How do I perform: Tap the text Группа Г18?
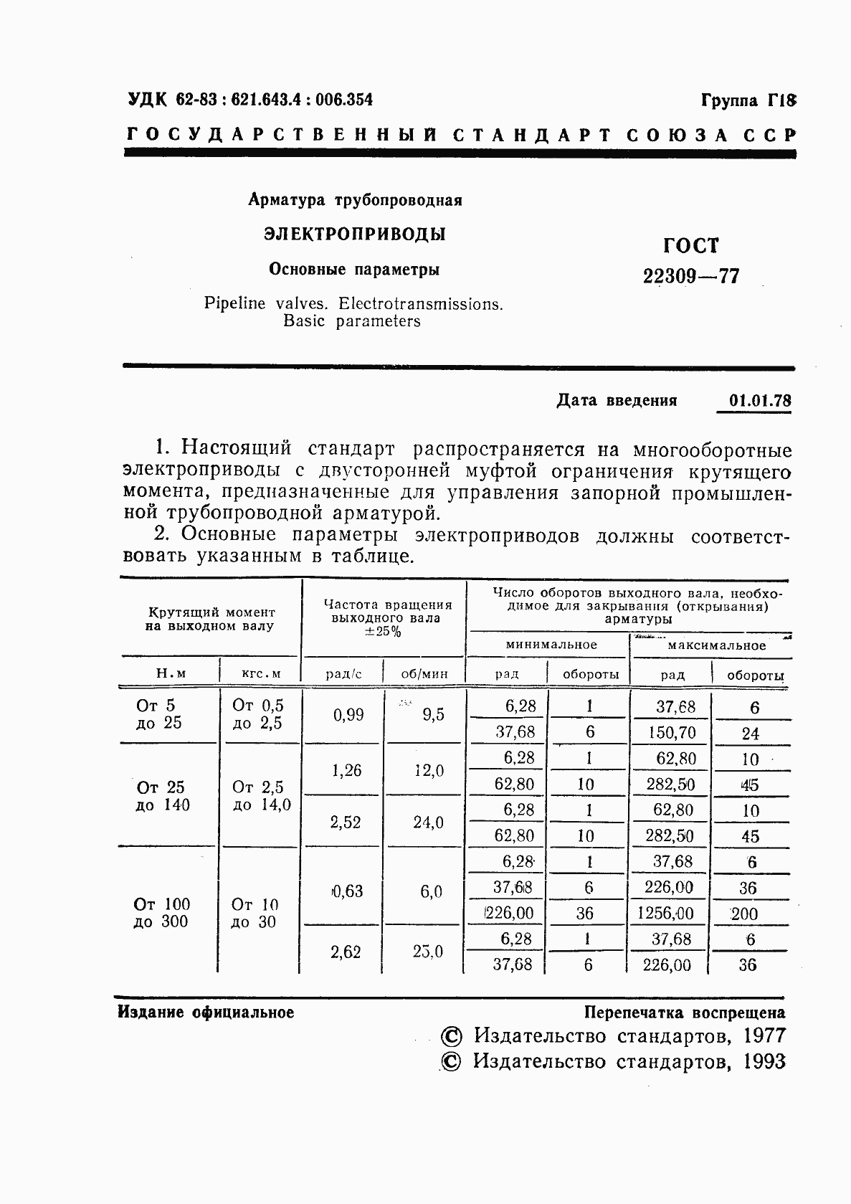pos(748,100)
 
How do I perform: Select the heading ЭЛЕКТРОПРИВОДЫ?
pos(354,234)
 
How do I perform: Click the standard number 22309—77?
pos(691,276)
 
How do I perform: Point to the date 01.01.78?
pos(760,400)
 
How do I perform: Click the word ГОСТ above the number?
pos(690,246)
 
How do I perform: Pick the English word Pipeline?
pos(234,303)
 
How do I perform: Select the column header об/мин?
pos(424,674)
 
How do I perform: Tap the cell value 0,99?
pos(348,715)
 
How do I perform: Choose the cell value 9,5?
pos(433,715)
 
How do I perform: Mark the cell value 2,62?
pos(346,952)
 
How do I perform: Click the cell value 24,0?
pos(428,823)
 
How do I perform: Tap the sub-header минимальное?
pos(551,645)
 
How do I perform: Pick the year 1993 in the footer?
pos(764,1062)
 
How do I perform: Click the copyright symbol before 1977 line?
pos(451,1037)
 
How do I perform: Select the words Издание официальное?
pos(206,1013)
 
